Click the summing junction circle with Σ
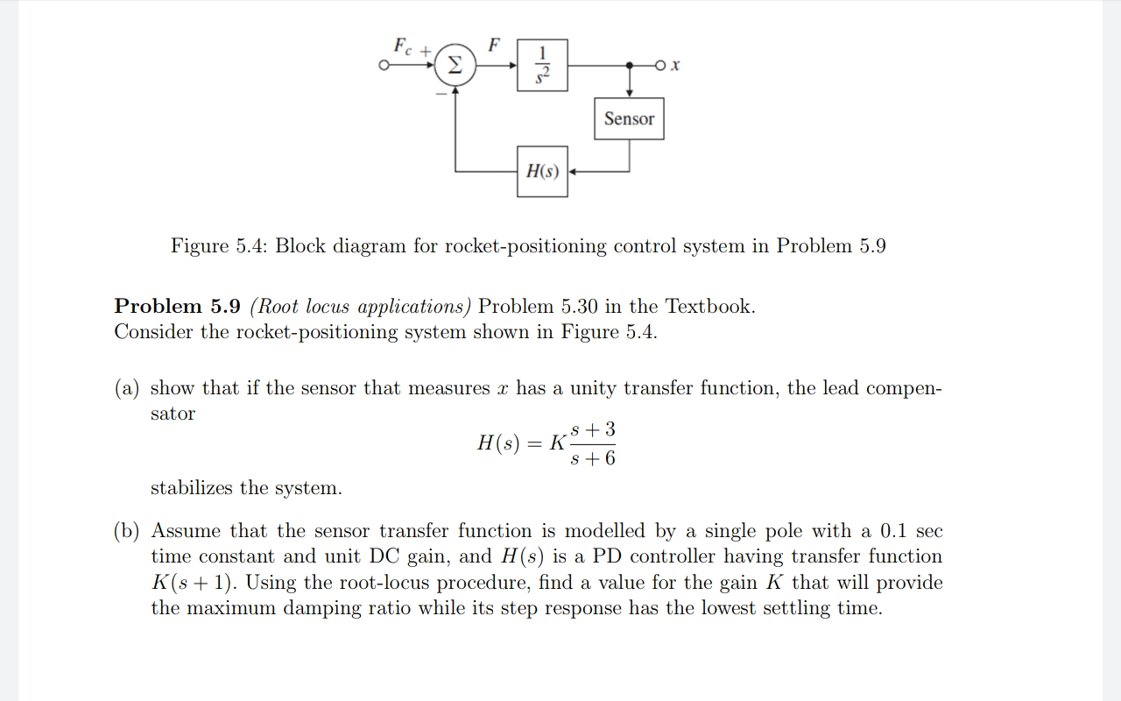point(455,65)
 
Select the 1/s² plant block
point(541,65)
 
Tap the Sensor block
point(629,119)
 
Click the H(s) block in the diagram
point(542,172)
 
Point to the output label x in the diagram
point(676,66)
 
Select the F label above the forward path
point(495,44)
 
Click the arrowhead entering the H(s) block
point(573,172)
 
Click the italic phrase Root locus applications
point(361,307)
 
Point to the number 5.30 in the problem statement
point(575,307)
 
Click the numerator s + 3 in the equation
point(593,429)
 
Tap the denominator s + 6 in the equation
point(593,458)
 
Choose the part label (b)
point(129,531)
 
